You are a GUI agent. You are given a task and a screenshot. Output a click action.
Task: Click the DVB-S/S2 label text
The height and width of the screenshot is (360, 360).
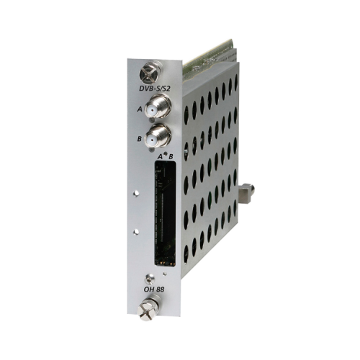click(x=155, y=88)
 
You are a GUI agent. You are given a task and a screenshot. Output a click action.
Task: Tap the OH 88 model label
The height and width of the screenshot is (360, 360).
click(x=154, y=289)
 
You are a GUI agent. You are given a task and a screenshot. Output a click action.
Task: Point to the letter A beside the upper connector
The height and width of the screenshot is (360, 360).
click(x=140, y=109)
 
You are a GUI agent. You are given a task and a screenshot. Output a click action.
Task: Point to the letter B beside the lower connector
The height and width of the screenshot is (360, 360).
click(x=140, y=139)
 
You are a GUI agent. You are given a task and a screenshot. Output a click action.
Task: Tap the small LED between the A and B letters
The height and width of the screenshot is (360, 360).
click(x=165, y=154)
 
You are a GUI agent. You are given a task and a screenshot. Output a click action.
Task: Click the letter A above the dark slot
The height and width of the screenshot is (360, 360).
click(x=160, y=157)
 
